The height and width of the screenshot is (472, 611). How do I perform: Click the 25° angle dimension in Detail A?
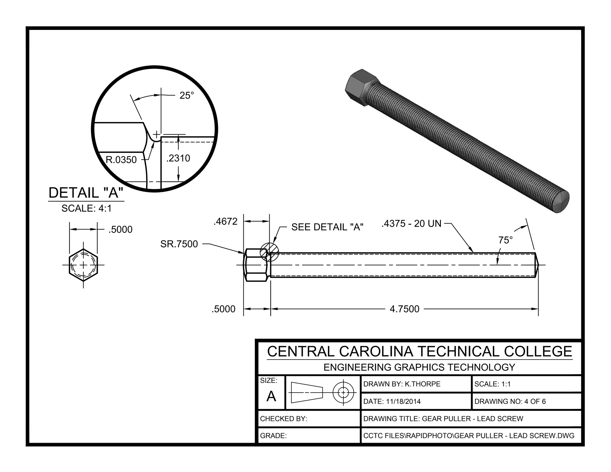point(186,95)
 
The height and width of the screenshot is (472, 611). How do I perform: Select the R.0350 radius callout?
point(121,160)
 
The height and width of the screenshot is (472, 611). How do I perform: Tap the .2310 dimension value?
point(178,158)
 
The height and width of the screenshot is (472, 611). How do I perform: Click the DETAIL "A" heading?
point(86,193)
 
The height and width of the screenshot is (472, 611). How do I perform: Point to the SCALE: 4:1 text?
point(87,208)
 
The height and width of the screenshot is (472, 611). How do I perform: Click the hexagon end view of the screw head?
point(83,265)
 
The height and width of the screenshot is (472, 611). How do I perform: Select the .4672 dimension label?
point(226,221)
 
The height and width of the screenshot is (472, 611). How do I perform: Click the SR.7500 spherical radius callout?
point(179,244)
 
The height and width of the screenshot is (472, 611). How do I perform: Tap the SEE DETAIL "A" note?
point(327,227)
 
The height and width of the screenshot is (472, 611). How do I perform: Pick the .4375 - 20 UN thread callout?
point(411,223)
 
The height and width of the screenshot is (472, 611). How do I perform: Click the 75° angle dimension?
point(505,240)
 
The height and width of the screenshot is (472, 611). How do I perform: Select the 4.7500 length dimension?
point(405,309)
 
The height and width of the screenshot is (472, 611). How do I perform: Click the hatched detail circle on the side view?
point(269,252)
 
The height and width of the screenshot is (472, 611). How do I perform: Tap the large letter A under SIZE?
point(271,396)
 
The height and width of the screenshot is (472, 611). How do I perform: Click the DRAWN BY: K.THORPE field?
point(402,384)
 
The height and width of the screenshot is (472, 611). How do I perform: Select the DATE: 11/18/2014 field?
point(392,401)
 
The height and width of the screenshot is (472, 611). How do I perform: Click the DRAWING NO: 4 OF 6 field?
point(510,401)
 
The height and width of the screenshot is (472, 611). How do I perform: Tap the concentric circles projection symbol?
point(343,392)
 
